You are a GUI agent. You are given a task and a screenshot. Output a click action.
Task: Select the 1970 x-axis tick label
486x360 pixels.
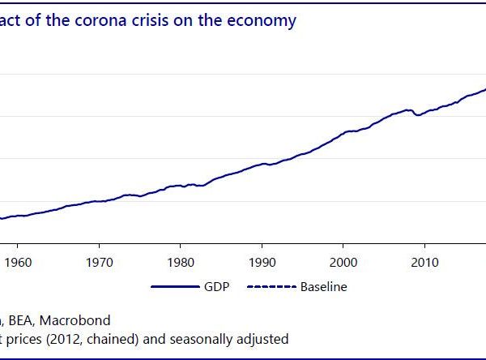(98, 262)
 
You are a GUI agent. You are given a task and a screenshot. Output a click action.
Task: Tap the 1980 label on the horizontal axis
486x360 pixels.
(180, 262)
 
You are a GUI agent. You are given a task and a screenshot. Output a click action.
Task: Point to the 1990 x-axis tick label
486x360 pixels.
(262, 262)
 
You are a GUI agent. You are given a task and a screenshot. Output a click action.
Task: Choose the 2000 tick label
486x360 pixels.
(343, 262)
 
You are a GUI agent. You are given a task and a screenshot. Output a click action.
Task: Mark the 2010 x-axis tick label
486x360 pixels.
(425, 262)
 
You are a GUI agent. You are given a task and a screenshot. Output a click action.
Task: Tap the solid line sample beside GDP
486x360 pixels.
(174, 287)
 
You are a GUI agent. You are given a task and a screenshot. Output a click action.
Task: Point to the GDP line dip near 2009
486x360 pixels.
(417, 115)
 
